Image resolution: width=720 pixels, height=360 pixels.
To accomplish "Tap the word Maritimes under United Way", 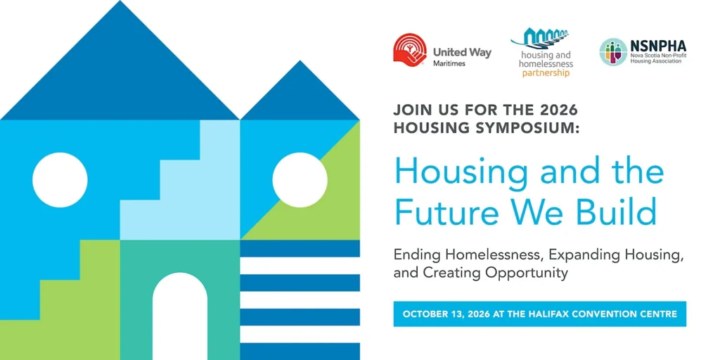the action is tap(449, 63).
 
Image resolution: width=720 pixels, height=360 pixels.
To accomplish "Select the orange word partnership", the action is tap(546, 72).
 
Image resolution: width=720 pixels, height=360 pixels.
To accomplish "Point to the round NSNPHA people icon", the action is tap(613, 52).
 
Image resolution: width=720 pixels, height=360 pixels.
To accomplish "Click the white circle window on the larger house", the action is tap(60, 179).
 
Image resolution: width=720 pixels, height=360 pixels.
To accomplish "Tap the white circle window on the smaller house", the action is tap(300, 179).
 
